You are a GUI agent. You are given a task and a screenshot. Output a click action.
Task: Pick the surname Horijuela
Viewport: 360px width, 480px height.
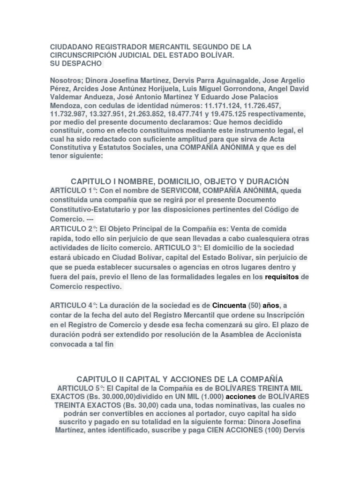click(154, 89)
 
